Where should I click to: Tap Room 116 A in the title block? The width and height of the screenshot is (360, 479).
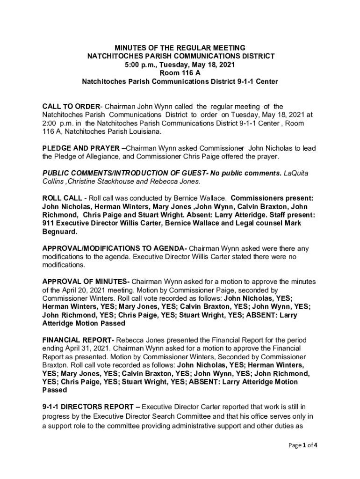180,73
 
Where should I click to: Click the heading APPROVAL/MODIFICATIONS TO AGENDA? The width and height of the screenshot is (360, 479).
115,248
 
